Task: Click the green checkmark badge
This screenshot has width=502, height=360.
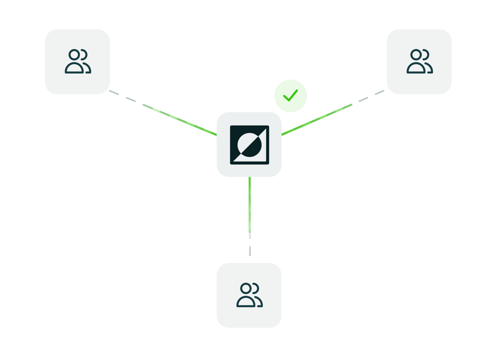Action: coord(291,96)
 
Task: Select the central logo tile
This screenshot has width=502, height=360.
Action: coord(249,144)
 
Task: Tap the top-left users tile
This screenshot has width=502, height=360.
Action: coord(77,61)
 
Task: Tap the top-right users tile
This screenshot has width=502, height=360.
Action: coord(419,61)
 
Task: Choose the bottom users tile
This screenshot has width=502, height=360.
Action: coord(249,295)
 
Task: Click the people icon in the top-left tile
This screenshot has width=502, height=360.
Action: coord(78,61)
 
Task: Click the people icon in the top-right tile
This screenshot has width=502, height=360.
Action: coord(419,61)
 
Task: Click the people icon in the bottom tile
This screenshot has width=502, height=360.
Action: coord(249,295)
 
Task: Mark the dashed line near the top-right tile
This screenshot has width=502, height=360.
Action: coord(371,96)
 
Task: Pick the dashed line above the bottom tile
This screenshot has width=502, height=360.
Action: coord(250,245)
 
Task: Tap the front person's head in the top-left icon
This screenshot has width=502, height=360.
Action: coord(74,55)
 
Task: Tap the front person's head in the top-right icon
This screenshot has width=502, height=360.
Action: coord(416,55)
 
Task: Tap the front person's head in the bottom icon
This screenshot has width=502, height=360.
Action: coord(246,288)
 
